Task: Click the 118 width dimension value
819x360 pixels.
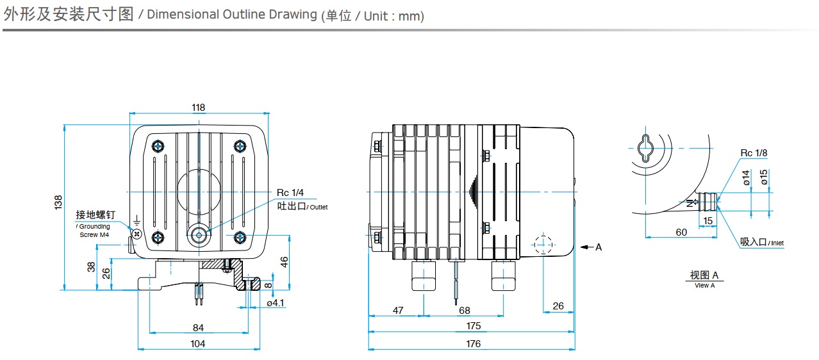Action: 199,107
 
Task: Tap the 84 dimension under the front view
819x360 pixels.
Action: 198,327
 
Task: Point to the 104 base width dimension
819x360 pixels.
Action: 198,344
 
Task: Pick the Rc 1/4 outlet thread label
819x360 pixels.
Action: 291,193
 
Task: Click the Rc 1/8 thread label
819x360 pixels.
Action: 754,152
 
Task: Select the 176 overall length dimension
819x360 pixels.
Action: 473,344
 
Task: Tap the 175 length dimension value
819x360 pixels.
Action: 473,326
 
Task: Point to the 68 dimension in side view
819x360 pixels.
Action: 465,310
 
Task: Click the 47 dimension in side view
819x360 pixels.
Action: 398,310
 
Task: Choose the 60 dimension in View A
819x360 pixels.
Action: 681,232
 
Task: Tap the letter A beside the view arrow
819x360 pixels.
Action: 599,247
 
